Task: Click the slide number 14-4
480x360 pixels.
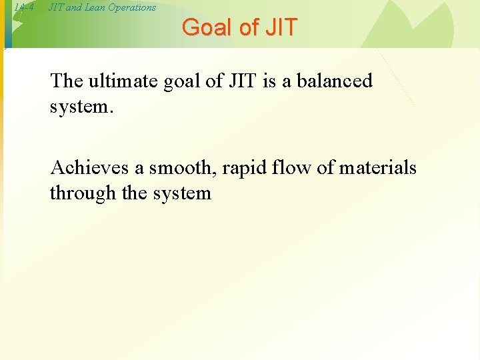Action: click(24, 7)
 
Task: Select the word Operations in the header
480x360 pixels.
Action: click(131, 7)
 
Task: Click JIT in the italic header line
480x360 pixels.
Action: click(56, 7)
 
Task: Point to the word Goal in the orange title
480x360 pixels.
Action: click(205, 27)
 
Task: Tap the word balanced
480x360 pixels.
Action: click(334, 81)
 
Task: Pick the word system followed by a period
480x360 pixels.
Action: click(82, 107)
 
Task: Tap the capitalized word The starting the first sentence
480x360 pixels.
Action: click(66, 81)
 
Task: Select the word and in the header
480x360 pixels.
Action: click(73, 7)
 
